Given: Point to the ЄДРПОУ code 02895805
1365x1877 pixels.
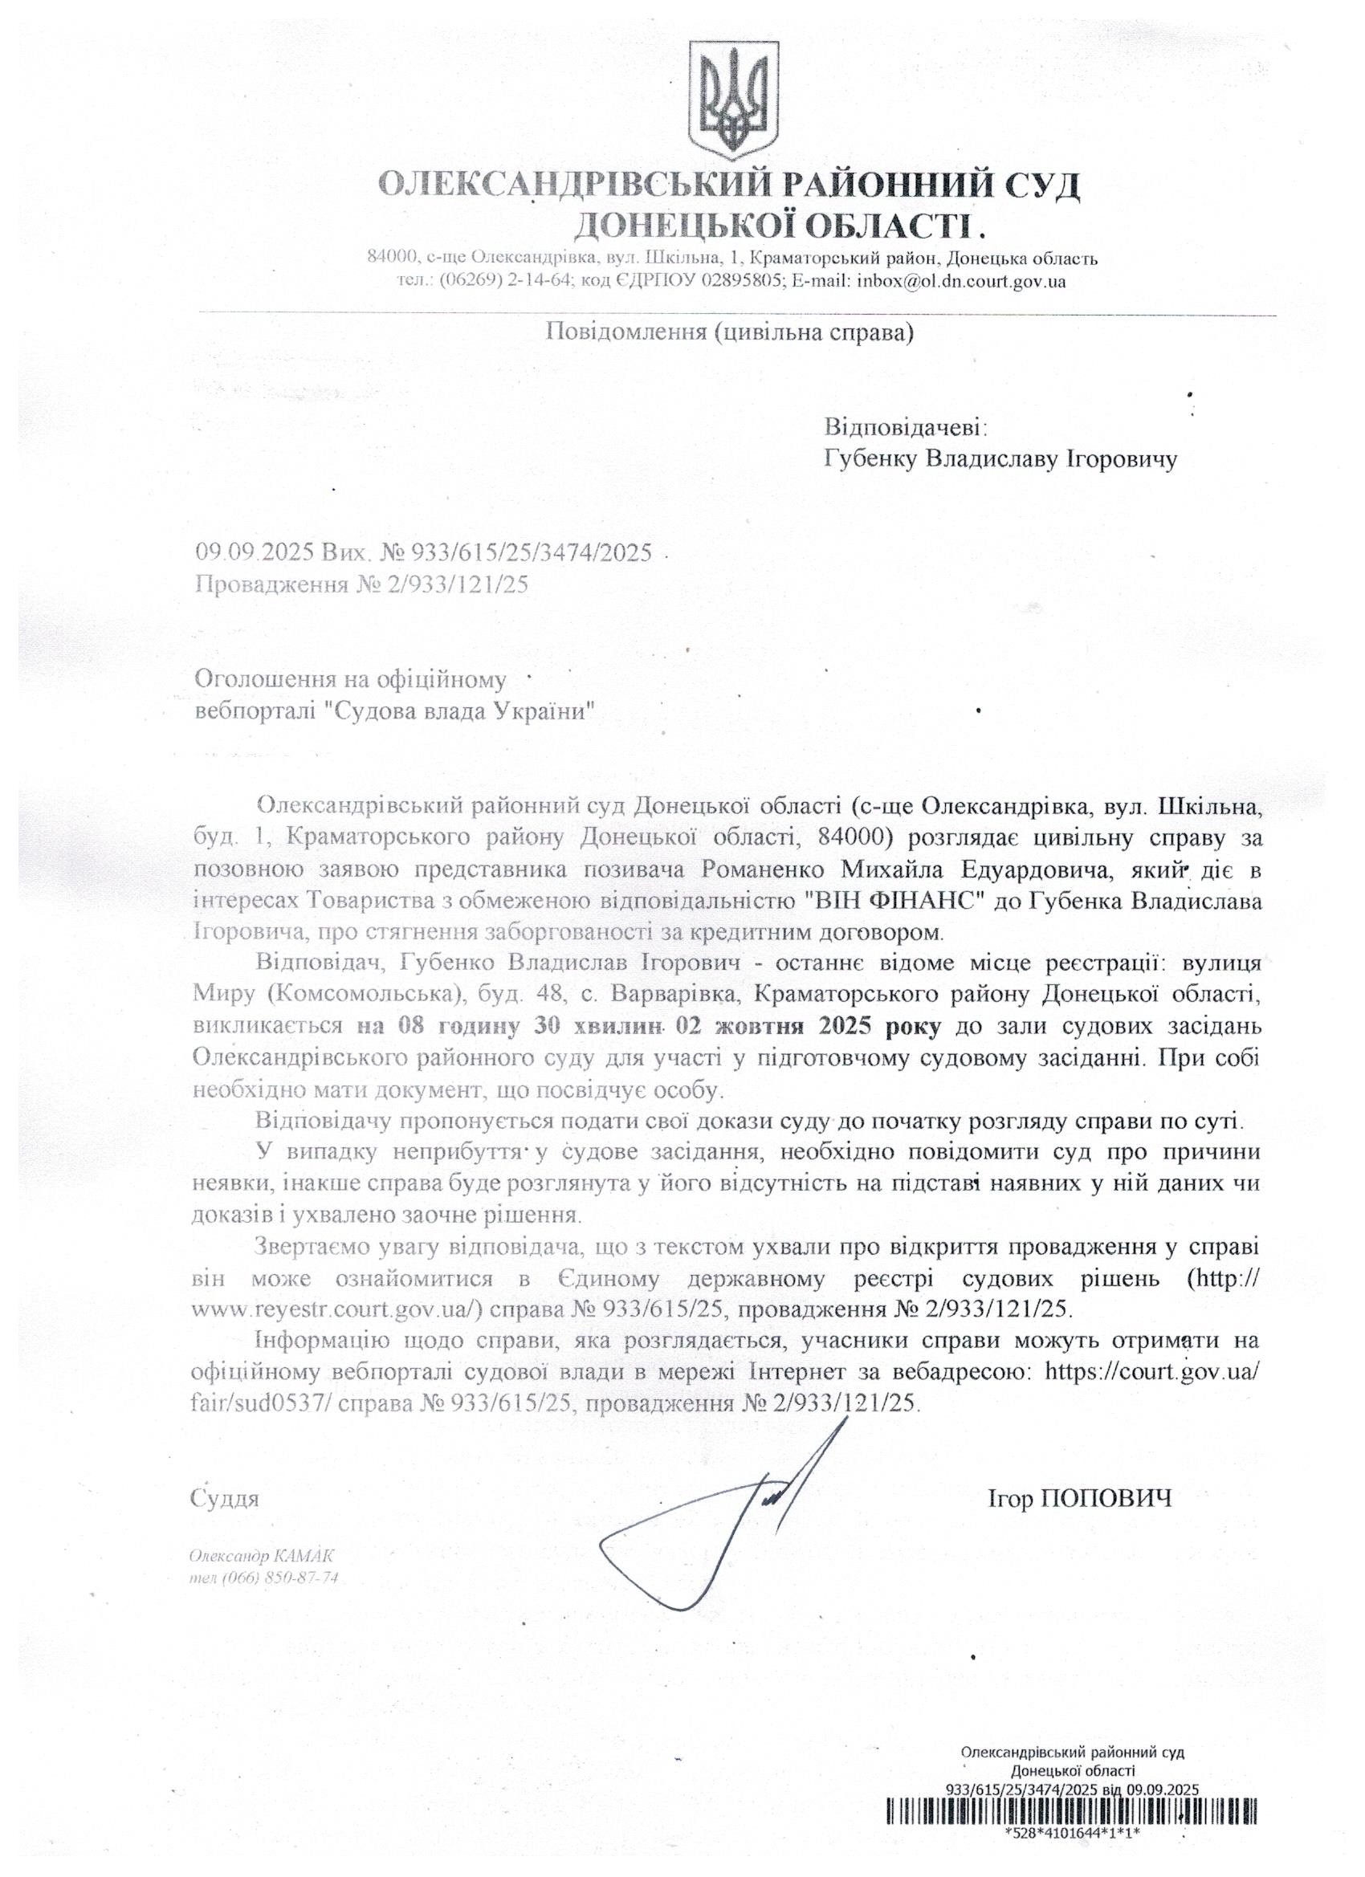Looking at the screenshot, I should (742, 281).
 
